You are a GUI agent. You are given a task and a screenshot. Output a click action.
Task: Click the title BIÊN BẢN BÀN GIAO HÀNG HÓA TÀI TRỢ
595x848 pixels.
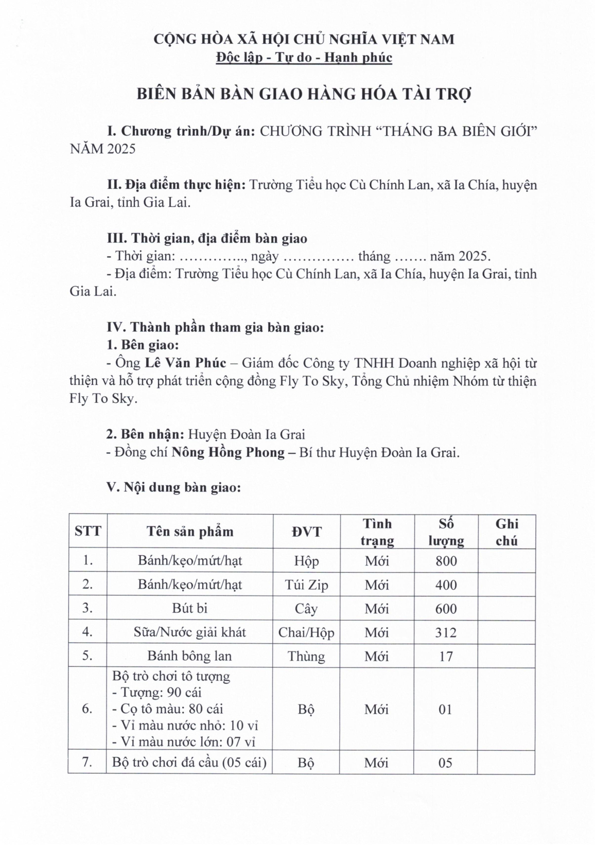(304, 95)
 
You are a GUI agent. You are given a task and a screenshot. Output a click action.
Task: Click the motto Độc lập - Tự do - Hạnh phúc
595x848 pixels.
(304, 57)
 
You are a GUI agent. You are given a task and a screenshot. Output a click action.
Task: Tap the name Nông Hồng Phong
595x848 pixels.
(228, 452)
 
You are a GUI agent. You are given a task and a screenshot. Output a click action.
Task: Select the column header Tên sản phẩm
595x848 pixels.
(189, 532)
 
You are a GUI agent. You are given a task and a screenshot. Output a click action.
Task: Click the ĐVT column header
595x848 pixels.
(306, 532)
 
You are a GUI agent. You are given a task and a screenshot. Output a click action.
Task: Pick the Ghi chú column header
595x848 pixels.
(506, 532)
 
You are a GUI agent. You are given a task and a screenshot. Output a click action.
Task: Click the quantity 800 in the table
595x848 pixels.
(446, 561)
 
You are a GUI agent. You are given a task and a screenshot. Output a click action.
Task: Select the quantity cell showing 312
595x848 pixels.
(446, 632)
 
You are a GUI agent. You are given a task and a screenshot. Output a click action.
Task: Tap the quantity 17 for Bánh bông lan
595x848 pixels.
(446, 656)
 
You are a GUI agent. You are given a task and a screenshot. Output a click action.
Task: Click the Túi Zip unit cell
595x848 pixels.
(306, 585)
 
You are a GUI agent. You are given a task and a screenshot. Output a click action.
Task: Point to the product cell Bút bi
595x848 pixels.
(189, 608)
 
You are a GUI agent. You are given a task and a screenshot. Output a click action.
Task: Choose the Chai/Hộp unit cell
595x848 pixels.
(306, 632)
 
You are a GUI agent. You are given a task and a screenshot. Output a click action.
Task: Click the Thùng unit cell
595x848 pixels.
(306, 656)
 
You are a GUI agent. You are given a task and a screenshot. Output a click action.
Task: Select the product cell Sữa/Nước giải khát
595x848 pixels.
(189, 632)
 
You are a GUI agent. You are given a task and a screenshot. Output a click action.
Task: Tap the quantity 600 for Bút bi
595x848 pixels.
(446, 609)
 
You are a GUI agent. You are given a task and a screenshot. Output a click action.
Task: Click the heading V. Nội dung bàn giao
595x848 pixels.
(173, 487)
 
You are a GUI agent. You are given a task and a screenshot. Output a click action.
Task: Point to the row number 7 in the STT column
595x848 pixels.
(87, 762)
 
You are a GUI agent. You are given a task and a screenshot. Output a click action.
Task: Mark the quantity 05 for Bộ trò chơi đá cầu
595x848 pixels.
(446, 763)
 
